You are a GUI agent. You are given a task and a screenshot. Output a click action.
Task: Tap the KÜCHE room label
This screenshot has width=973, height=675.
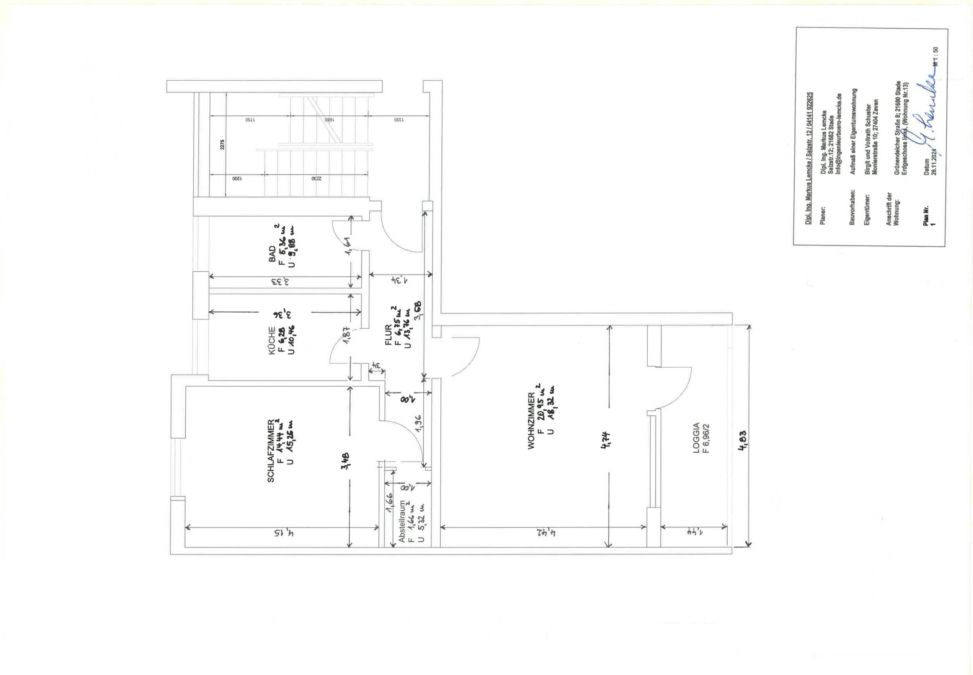point(272,340)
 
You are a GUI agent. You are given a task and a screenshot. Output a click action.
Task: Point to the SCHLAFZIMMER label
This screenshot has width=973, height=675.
point(271,450)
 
